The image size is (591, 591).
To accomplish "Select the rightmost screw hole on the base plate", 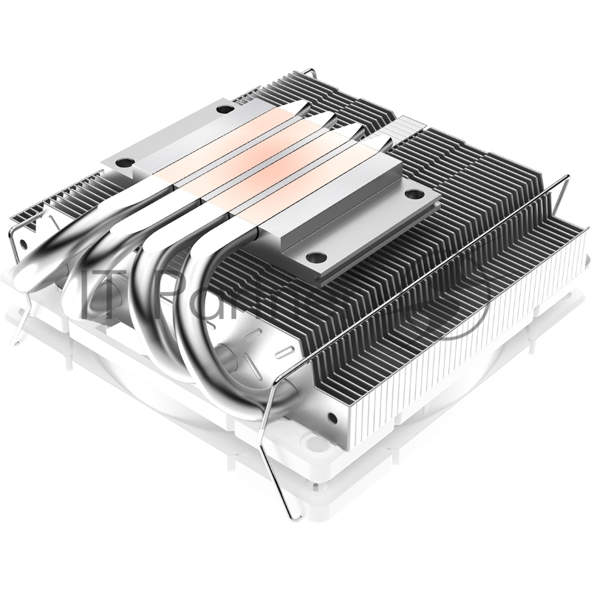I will (x=411, y=194).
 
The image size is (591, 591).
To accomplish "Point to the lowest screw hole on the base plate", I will (x=316, y=258).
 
